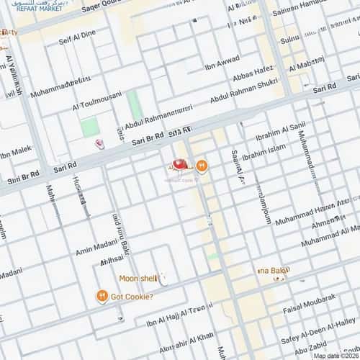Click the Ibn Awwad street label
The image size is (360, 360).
(x=221, y=67)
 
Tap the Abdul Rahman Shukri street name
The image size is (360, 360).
(x=243, y=94)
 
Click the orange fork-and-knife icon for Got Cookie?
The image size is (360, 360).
(x=103, y=295)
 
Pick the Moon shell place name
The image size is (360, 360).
(x=138, y=278)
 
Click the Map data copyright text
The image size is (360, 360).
(x=336, y=355)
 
